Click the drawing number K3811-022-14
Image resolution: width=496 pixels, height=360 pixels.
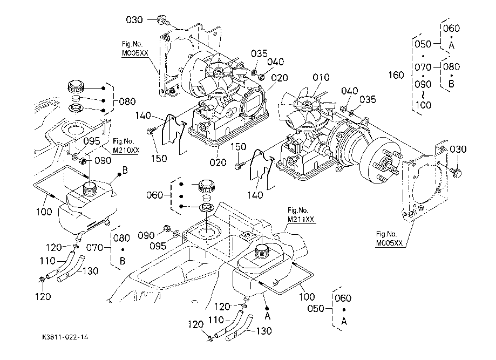coord(65,337)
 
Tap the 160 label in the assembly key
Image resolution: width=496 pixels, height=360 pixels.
coord(396,75)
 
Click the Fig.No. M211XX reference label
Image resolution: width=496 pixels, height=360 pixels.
coord(301,215)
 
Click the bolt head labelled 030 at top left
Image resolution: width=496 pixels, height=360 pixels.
coord(161,21)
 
